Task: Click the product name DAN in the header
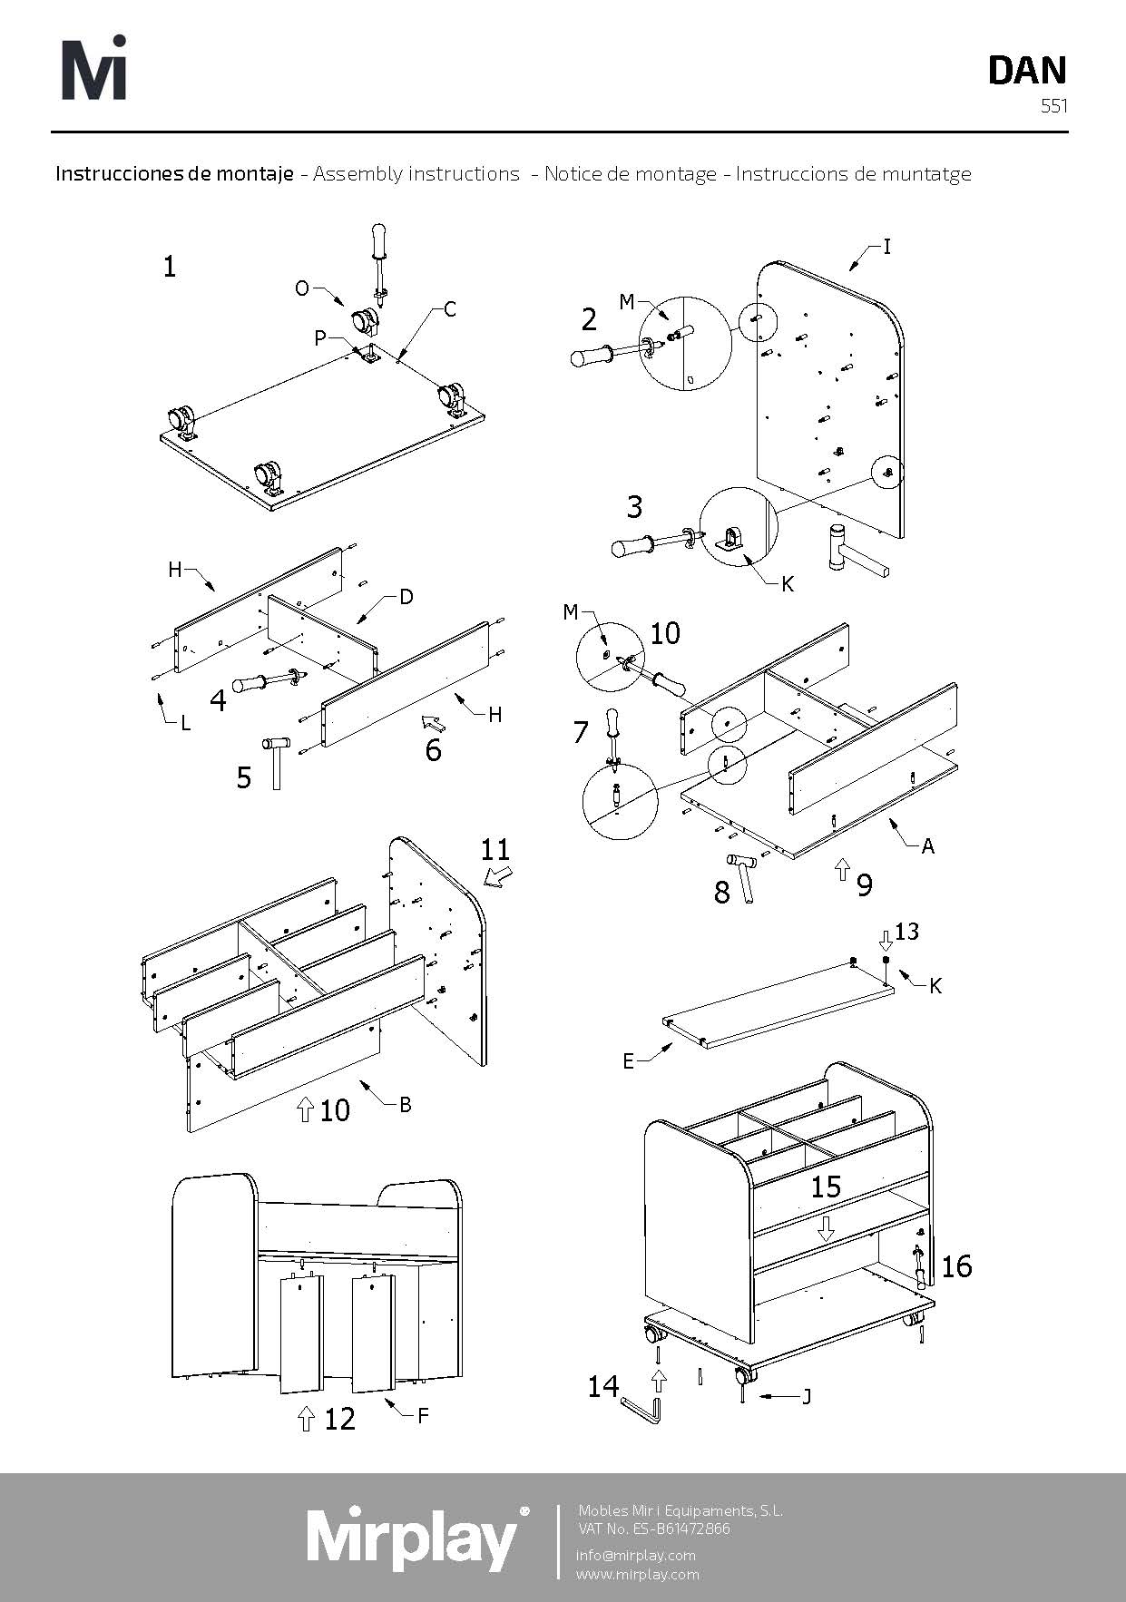coord(1027,71)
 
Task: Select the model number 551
coord(1054,106)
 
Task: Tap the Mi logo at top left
coord(93,68)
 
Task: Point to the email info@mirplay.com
coord(635,1555)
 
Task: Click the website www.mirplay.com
coord(638,1574)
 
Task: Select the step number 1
coord(170,267)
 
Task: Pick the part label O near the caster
coord(302,288)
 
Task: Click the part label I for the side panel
coord(887,246)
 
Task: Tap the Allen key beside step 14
coord(643,1410)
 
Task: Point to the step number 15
coord(826,1187)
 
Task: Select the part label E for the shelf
coord(628,1061)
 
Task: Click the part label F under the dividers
coord(422,1414)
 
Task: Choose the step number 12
coord(339,1419)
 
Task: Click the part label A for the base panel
coord(927,846)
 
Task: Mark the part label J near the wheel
coord(806,1396)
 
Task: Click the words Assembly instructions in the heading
coord(416,173)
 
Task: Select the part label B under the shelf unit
coord(406,1104)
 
